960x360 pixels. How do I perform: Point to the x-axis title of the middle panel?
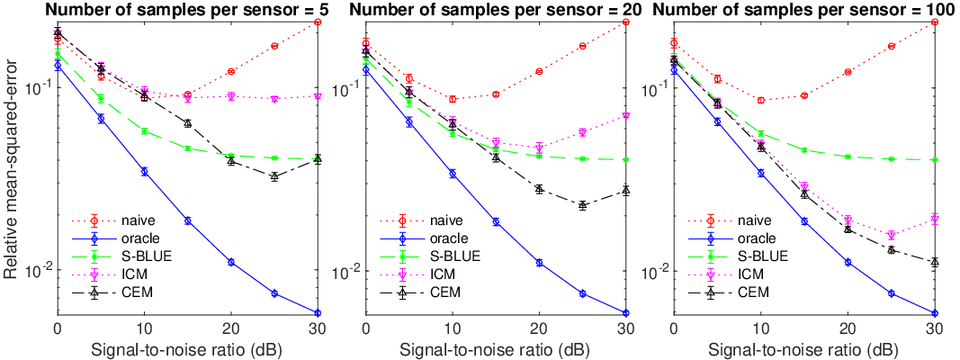[x=495, y=349]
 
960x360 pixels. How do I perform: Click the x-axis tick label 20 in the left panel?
[x=230, y=327]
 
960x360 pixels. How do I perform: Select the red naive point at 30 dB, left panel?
[x=317, y=22]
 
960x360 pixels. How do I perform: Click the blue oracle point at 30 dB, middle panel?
[x=625, y=313]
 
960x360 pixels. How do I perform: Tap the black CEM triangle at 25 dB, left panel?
[x=274, y=176]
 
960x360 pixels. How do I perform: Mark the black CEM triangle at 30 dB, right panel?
[x=934, y=262]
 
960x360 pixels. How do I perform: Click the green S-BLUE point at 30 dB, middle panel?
[x=625, y=159]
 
